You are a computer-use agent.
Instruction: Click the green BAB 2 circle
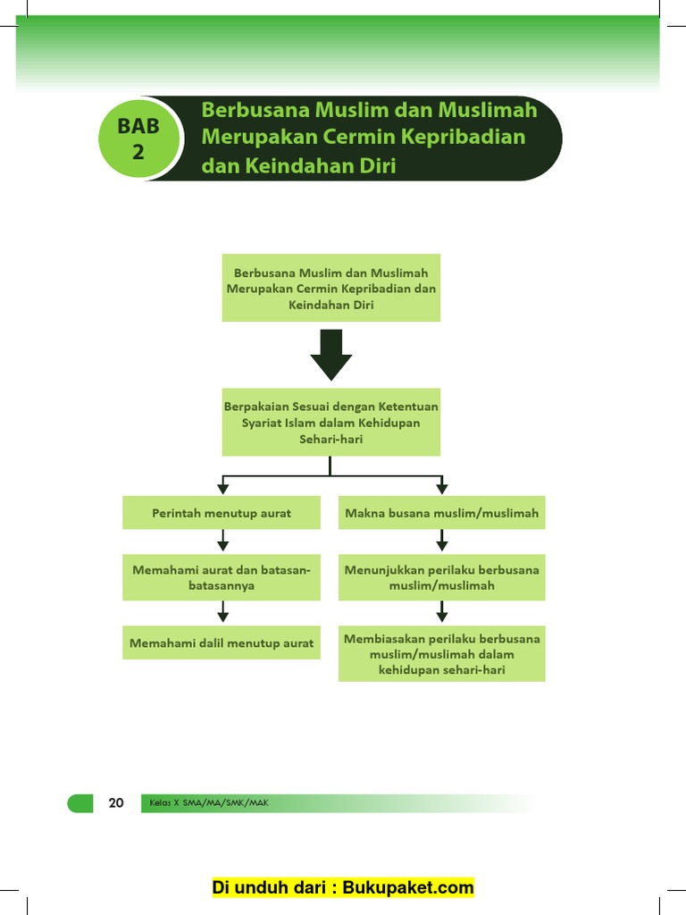pos(138,139)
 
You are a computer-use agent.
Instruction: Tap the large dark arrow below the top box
pos(331,354)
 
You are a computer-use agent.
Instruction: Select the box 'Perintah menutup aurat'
pos(222,513)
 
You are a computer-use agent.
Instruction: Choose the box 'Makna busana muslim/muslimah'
pos(441,513)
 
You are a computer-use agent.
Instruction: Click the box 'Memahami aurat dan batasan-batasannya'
pos(222,577)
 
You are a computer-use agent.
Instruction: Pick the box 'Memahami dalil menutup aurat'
pos(222,642)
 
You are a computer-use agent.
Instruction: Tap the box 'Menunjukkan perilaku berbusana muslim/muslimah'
pos(441,577)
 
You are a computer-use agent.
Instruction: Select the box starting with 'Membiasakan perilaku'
pos(441,654)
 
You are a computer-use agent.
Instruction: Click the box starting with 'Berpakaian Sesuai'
pos(331,423)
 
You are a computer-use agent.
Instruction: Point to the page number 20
pos(116,802)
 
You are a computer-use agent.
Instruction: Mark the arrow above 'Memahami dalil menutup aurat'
pos(223,612)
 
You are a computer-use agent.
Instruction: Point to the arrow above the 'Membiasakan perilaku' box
pos(441,612)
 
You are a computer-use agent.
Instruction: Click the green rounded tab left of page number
pos(80,802)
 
